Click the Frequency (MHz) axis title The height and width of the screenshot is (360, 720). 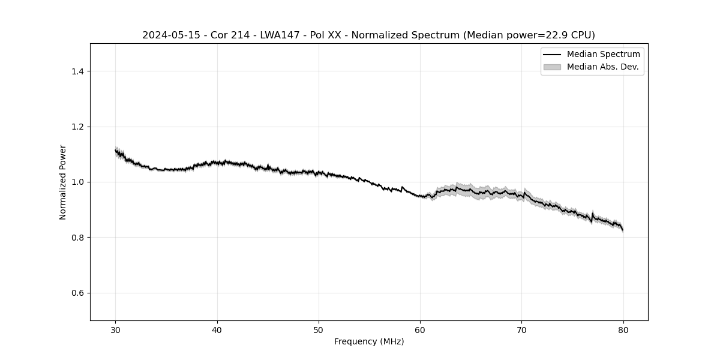(x=369, y=341)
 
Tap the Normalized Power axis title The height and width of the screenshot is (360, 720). (x=63, y=182)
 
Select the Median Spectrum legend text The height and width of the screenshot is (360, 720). (x=603, y=55)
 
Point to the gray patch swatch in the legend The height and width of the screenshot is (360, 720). (x=552, y=67)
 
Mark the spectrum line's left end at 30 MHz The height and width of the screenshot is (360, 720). (x=116, y=150)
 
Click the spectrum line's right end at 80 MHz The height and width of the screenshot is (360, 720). (x=623, y=230)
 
